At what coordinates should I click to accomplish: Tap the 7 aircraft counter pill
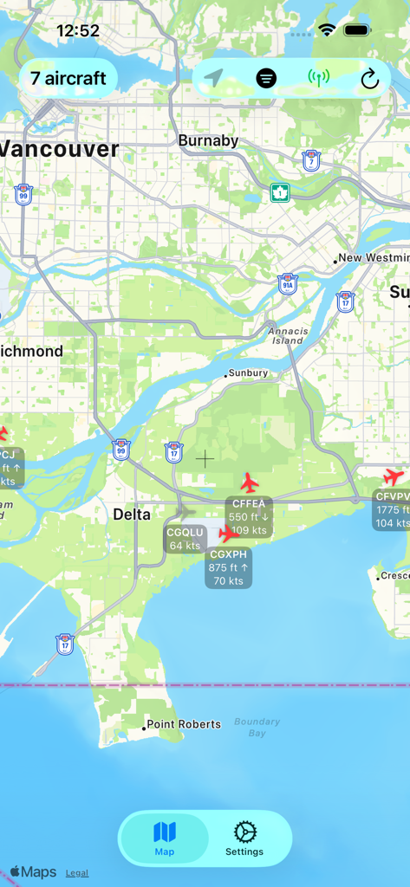68,78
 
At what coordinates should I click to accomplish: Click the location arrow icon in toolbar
213,79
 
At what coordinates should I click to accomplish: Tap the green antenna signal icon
319,79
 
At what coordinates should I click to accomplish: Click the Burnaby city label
208,140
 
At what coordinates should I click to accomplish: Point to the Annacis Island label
287,335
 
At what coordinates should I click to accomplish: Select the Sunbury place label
248,373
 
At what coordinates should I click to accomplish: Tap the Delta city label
132,515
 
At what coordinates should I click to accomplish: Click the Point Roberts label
184,724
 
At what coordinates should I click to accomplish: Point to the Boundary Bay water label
257,727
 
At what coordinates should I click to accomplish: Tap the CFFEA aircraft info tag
250,517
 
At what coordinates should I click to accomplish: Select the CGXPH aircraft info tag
229,567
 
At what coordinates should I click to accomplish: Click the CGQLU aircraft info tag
185,539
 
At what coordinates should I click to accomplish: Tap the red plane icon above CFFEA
250,482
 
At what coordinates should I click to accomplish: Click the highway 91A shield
288,283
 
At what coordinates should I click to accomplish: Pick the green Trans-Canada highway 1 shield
279,192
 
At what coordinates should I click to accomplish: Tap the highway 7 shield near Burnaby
311,160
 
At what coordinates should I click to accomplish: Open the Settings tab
244,838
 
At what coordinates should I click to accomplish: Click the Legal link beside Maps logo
76,873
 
